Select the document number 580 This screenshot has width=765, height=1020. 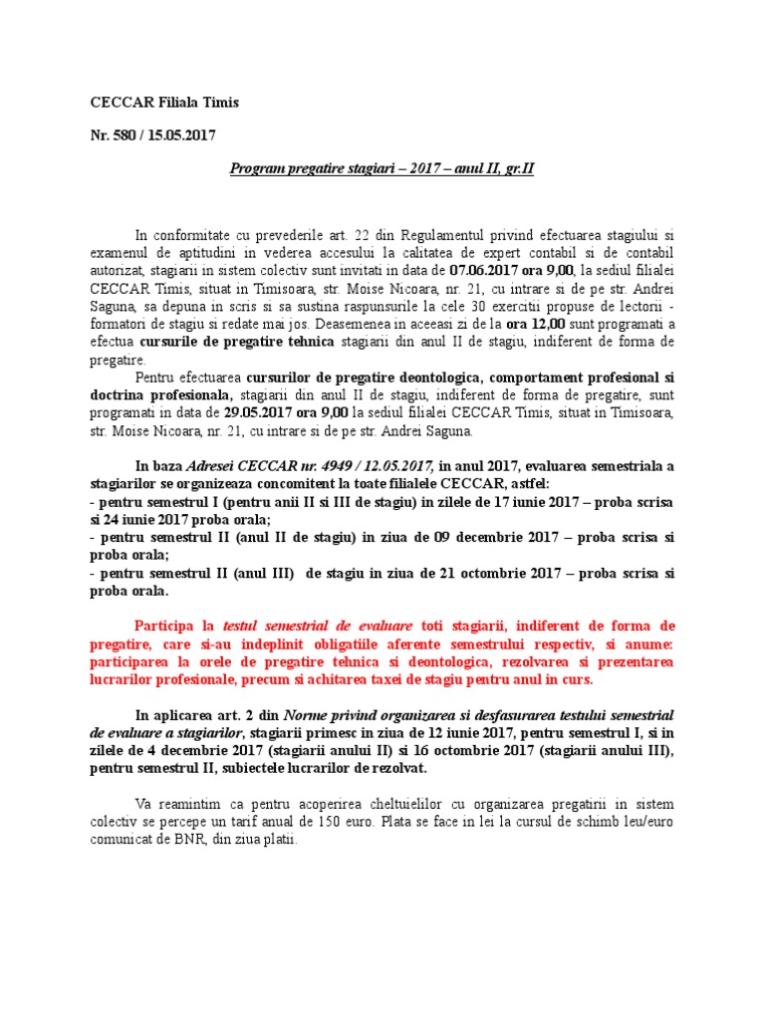click(127, 134)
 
